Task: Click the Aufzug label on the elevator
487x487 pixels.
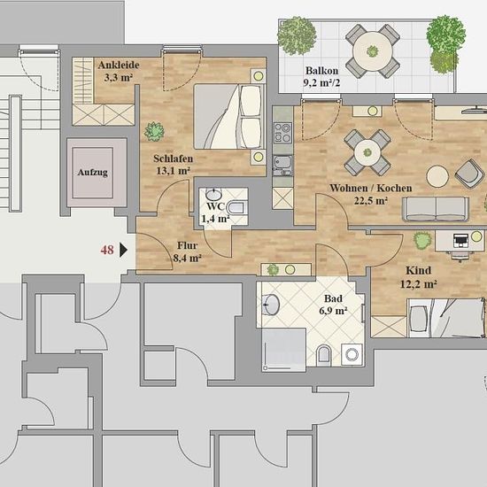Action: [93, 173]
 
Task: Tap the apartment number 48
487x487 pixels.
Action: [107, 250]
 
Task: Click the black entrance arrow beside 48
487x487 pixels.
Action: [123, 250]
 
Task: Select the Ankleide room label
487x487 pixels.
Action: [119, 66]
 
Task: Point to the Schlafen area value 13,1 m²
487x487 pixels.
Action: [173, 171]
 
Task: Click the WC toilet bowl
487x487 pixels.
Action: [237, 207]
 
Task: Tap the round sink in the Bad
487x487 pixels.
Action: [271, 305]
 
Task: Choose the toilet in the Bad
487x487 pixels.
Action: [323, 355]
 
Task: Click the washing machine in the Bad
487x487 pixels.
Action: [352, 354]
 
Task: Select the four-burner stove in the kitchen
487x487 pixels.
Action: [282, 133]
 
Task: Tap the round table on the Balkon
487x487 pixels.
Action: [373, 51]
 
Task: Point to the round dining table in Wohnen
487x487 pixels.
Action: [367, 152]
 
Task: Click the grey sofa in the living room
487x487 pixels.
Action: [436, 209]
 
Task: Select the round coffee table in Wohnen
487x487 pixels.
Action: [437, 176]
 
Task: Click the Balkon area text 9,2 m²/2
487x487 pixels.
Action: [321, 82]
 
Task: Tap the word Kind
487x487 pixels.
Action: [418, 271]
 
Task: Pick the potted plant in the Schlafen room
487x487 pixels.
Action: [154, 131]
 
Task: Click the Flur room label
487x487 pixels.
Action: [187, 245]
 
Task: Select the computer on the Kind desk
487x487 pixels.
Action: [460, 241]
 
